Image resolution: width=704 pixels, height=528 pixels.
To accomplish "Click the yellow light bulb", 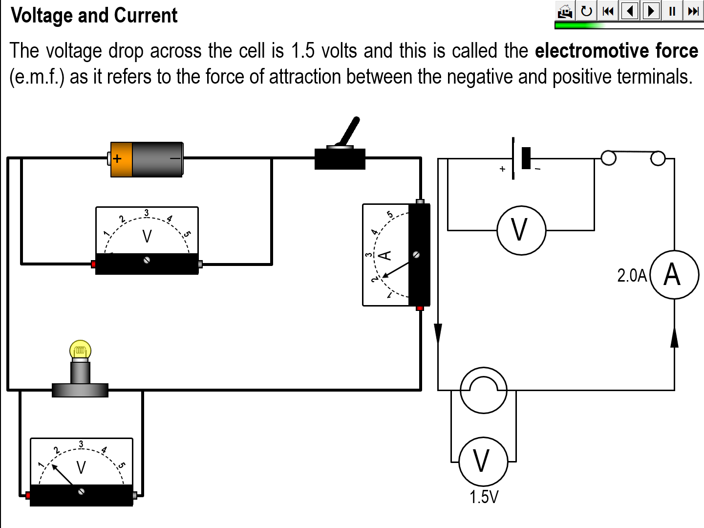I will (81, 350).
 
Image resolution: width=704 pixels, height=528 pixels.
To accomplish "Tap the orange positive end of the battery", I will (121, 159).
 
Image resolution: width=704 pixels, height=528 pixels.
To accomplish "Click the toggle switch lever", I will (350, 131).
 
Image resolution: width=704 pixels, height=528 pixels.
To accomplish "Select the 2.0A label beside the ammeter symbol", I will (632, 276).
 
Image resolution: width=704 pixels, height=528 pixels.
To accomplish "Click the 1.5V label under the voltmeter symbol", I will (484, 497).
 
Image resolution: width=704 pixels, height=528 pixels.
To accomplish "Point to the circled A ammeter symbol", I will (674, 274).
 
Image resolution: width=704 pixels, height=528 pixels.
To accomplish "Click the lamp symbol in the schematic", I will (484, 390).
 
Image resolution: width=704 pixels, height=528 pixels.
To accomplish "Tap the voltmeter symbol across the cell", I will (521, 230).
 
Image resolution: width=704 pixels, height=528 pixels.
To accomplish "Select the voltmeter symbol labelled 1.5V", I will (483, 461).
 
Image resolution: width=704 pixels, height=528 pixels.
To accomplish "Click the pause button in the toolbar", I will (672, 11).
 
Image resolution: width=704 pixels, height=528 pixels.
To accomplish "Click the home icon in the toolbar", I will (565, 11).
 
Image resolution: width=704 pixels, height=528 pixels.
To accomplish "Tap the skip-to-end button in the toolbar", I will (693, 11).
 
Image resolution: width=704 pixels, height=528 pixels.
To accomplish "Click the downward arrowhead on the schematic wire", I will (438, 333).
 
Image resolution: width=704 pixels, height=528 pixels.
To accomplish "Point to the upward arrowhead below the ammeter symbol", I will (674, 337).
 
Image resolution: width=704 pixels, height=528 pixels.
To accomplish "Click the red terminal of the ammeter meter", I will (420, 308).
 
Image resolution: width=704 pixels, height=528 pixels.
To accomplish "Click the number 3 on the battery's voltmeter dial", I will (146, 213).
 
